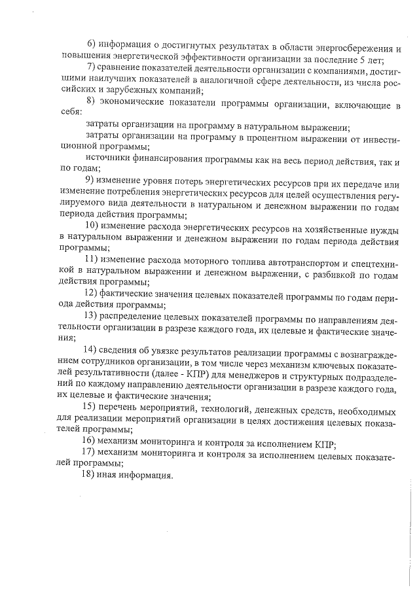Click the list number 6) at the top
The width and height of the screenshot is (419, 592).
[92, 43]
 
